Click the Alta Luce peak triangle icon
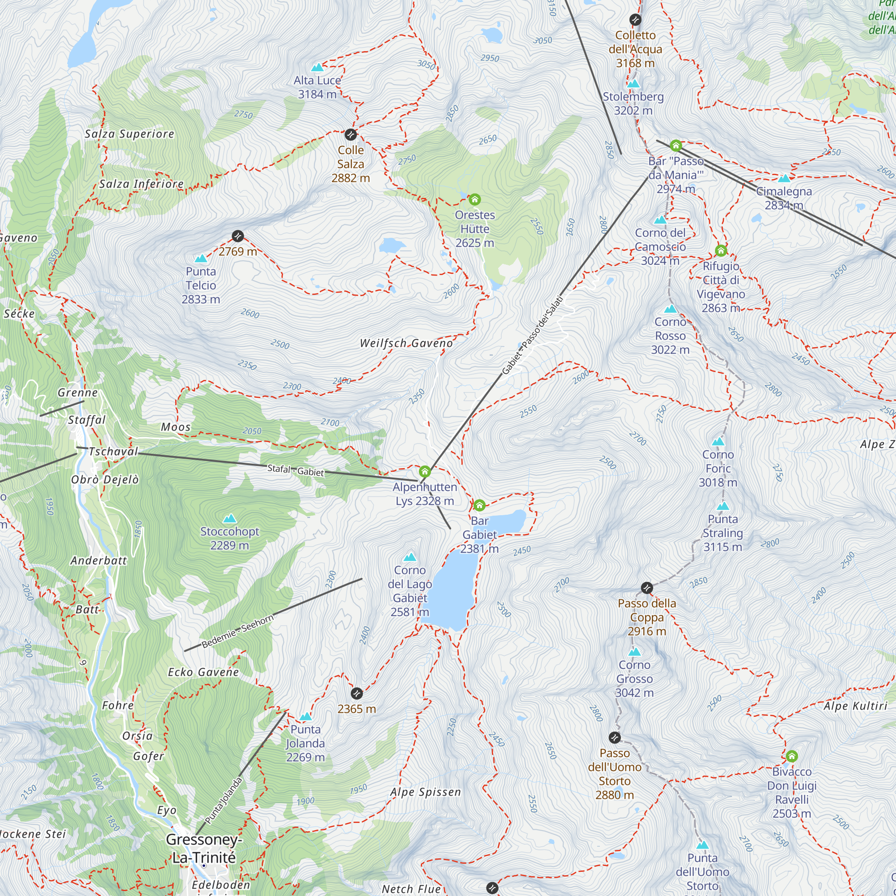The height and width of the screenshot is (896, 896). tap(317, 68)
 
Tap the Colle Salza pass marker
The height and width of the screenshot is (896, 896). tap(351, 135)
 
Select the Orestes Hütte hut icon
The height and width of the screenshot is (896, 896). tap(474, 200)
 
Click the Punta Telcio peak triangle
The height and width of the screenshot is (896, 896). tap(201, 259)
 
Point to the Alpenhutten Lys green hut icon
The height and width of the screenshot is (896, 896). tap(425, 472)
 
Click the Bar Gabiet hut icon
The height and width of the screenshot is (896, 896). tap(479, 505)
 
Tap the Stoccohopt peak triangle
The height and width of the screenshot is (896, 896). tap(229, 518)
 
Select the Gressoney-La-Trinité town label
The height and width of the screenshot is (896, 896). tap(204, 848)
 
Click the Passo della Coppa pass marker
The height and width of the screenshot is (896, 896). tap(647, 588)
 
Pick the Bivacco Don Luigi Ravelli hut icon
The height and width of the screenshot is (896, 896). tap(792, 756)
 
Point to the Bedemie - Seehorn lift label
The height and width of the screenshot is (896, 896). tap(237, 631)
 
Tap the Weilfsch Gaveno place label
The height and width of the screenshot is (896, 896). tap(406, 343)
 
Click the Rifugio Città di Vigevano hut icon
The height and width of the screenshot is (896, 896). tap(721, 251)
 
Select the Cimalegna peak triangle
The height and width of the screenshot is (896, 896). tap(784, 179)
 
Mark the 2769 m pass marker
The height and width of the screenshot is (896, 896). tap(238, 236)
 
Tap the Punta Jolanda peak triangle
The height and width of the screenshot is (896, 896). tap(305, 717)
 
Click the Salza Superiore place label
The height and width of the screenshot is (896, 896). tap(129, 134)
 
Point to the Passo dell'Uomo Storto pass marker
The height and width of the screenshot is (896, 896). tap(615, 737)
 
